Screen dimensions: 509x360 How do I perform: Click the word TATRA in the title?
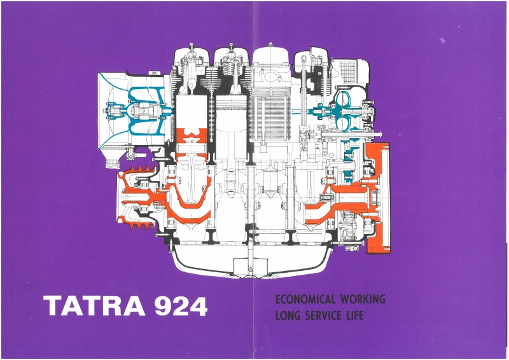94,306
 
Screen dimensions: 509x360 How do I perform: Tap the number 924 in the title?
181,306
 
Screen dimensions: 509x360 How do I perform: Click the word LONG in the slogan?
288,315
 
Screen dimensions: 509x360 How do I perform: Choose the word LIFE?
355,315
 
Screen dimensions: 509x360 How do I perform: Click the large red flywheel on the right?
378,198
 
